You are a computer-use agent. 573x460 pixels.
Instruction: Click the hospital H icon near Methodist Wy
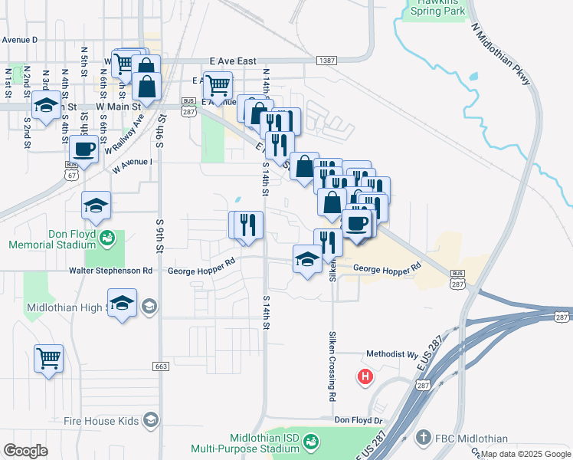(x=366, y=377)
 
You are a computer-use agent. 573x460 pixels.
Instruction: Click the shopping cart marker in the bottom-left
(x=49, y=359)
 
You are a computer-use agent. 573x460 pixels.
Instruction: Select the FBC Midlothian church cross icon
(x=422, y=439)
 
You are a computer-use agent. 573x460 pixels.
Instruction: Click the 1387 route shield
(x=326, y=60)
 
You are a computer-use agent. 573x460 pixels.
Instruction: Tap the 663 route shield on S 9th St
(x=160, y=366)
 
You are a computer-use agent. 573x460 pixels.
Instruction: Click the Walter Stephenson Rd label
(x=111, y=271)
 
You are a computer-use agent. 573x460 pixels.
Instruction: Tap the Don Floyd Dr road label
(x=358, y=420)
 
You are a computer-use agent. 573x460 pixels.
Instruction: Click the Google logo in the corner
(x=25, y=451)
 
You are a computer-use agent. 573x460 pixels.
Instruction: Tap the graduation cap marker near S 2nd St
(x=46, y=104)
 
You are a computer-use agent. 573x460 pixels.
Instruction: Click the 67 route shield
(x=70, y=175)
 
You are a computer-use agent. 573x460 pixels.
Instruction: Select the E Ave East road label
(x=233, y=61)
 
